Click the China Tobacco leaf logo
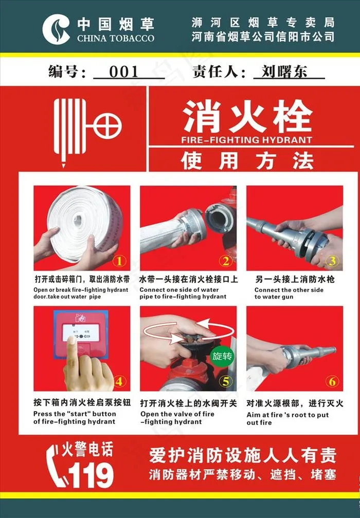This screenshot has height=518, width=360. [56, 29]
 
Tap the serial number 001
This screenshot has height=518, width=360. [123, 72]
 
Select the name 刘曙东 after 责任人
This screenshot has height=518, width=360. [284, 71]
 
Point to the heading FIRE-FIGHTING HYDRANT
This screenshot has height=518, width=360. [246, 140]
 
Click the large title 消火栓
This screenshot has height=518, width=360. [247, 116]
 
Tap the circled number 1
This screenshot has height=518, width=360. [119, 261]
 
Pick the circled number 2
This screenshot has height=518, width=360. [226, 261]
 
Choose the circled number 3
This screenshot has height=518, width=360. [332, 261]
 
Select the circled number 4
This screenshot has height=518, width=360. [119, 382]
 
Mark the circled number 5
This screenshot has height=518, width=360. [226, 382]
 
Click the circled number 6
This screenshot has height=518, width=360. [332, 382]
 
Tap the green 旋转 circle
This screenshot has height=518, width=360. [222, 356]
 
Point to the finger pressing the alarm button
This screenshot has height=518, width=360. [71, 350]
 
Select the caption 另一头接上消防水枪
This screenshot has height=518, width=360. [295, 280]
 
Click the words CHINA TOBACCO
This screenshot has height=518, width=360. [116, 39]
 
